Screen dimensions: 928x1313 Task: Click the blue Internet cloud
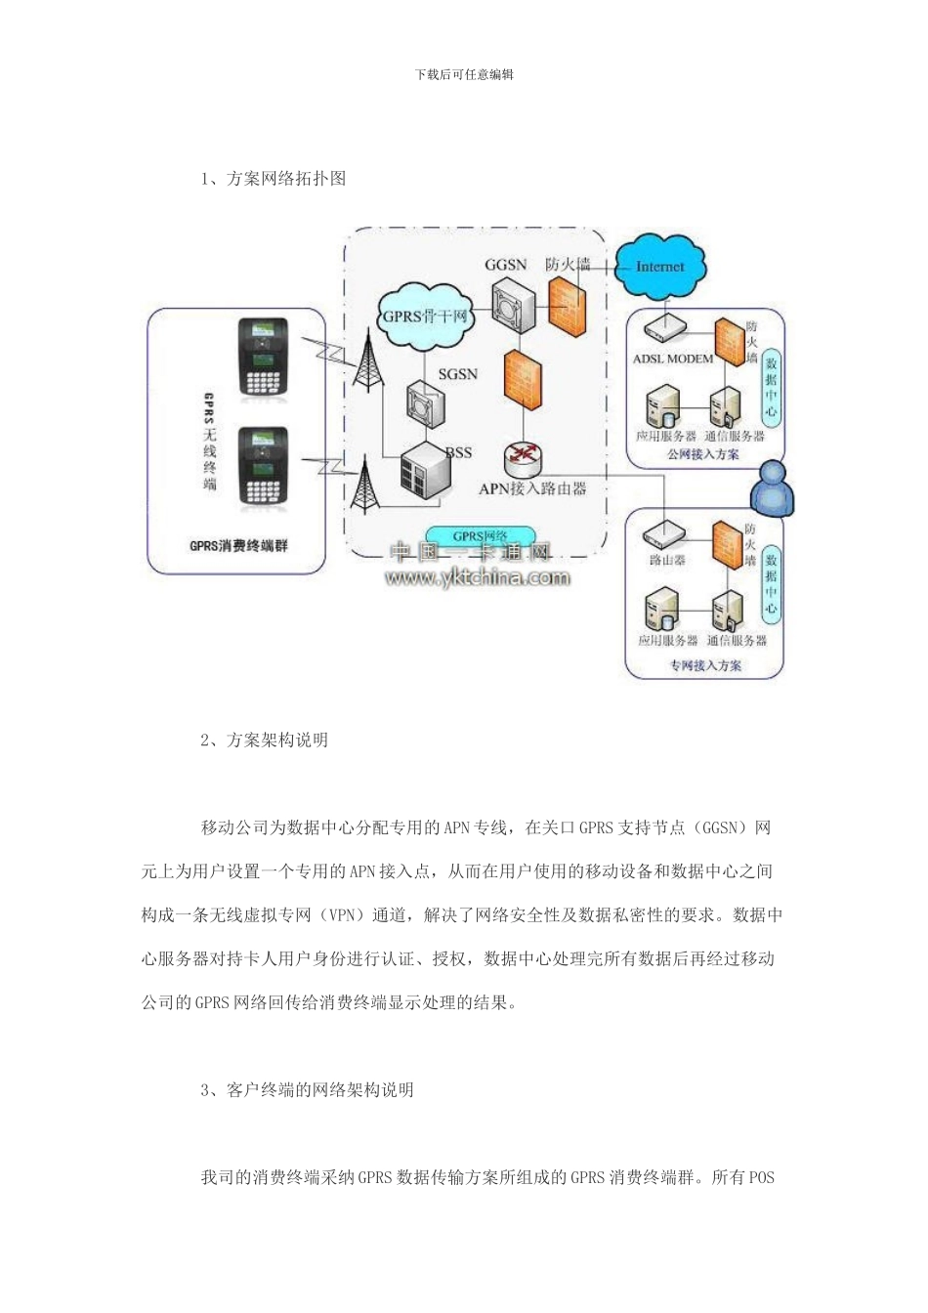pyautogui.click(x=660, y=266)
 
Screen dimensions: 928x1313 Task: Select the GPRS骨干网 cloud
pyautogui.click(x=425, y=317)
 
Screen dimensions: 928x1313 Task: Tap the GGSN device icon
pyautogui.click(x=513, y=306)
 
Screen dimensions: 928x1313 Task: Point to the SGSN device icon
pyautogui.click(x=425, y=403)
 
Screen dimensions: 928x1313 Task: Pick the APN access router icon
pyautogui.click(x=524, y=457)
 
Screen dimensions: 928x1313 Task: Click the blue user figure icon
pyautogui.click(x=772, y=487)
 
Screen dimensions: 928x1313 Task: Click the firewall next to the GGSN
pyautogui.click(x=568, y=303)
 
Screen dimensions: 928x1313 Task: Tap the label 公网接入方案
pyautogui.click(x=702, y=454)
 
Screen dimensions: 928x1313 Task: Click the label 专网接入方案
pyautogui.click(x=704, y=665)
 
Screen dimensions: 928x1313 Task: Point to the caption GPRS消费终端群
pyautogui.click(x=238, y=545)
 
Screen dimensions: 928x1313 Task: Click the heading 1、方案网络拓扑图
pyautogui.click(x=274, y=179)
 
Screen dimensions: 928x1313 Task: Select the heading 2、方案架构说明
pyautogui.click(x=265, y=741)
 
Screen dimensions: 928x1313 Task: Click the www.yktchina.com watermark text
pyautogui.click(x=478, y=578)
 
